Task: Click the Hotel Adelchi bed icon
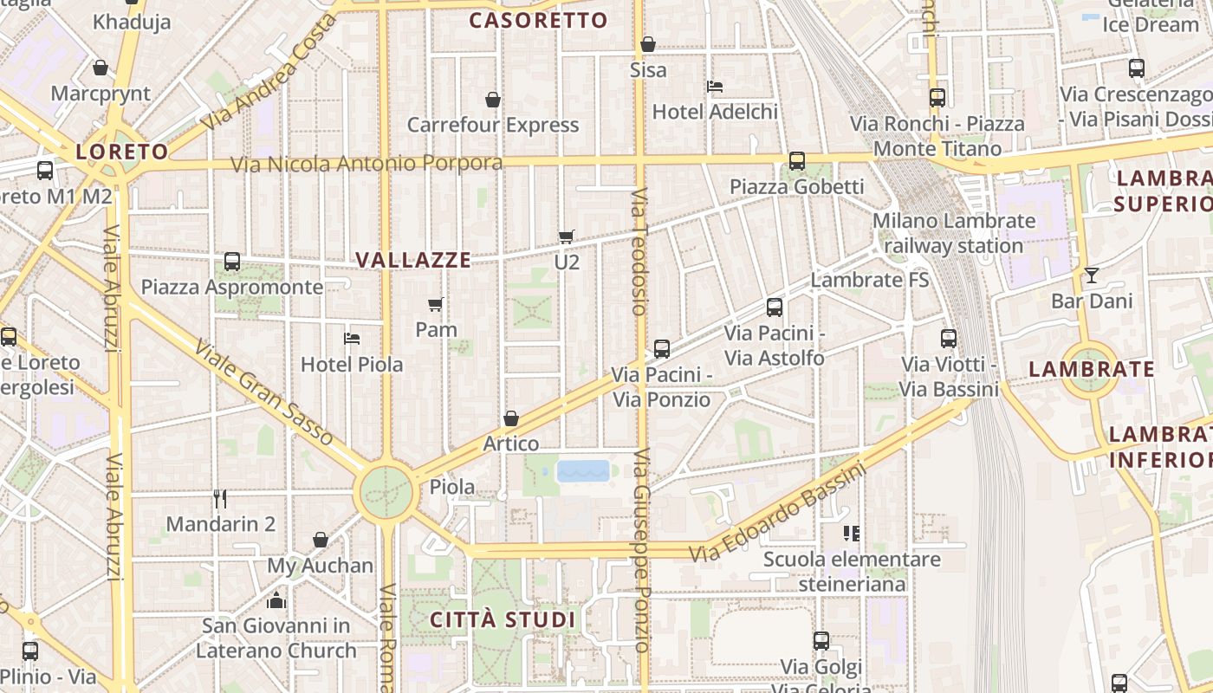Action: [x=715, y=87]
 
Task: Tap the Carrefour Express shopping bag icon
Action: [x=493, y=100]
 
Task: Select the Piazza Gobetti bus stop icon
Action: [x=796, y=161]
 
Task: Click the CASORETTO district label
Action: [x=538, y=21]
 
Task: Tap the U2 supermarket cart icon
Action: [x=567, y=236]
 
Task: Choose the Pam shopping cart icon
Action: [x=436, y=305]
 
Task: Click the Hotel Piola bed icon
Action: [x=352, y=339]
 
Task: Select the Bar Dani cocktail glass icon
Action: [x=1091, y=275]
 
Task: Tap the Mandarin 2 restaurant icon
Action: [x=220, y=499]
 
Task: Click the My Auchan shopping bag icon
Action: [x=320, y=541]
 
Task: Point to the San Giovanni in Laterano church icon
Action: [x=276, y=599]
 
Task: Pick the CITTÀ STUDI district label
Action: [x=503, y=619]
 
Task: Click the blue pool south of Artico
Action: [x=583, y=471]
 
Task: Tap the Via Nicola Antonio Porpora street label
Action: [x=366, y=163]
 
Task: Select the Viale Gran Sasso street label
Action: [x=263, y=392]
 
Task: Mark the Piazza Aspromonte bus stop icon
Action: [x=232, y=262]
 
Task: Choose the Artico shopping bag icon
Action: [x=511, y=419]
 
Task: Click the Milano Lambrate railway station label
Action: [x=953, y=233]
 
